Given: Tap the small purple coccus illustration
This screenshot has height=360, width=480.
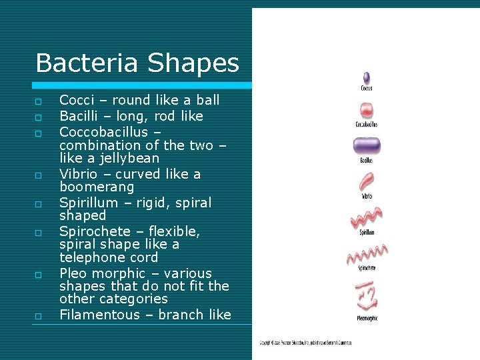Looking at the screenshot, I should (x=366, y=77).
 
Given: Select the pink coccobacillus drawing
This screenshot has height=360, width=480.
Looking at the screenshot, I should (x=366, y=111).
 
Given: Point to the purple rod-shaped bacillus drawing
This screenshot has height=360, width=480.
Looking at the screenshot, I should (x=366, y=146).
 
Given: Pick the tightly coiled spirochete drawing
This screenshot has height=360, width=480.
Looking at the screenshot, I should (x=366, y=253).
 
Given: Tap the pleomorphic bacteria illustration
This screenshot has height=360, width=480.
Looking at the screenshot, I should (x=366, y=294).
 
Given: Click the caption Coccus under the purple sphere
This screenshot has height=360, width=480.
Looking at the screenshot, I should (x=366, y=89).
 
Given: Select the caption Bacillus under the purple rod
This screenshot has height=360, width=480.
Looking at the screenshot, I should (x=366, y=161).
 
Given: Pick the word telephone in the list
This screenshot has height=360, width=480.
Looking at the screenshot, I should (x=93, y=257).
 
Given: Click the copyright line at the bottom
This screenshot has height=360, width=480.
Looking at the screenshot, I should (x=305, y=343).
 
